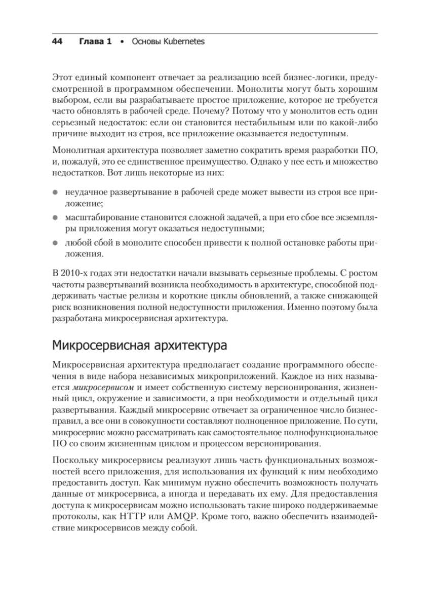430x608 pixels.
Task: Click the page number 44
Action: [57, 42]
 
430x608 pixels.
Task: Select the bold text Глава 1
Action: [95, 42]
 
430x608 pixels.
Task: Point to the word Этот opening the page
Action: [62, 77]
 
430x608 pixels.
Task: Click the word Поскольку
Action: [73, 460]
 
